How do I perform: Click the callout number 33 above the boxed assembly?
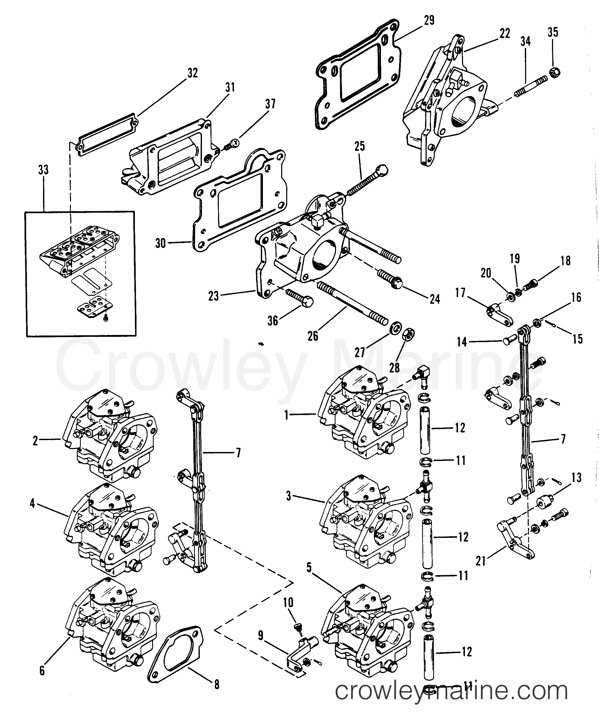tap(43, 170)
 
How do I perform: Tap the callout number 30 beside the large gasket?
tap(161, 243)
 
